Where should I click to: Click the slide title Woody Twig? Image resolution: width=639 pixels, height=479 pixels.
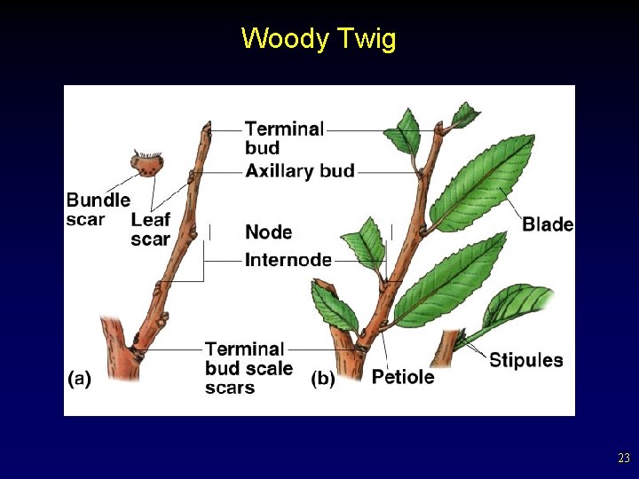point(319,39)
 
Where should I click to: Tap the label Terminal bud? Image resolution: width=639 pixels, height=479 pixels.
point(284,137)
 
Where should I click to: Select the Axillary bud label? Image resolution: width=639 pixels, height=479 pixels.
point(300,170)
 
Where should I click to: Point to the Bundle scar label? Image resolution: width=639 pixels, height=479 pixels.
point(98,209)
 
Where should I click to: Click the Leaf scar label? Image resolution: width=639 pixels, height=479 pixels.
point(150,229)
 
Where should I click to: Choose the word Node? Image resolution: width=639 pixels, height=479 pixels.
point(268,232)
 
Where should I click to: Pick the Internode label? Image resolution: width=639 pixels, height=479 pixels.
point(288,260)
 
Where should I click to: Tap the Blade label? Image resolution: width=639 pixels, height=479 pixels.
point(547,224)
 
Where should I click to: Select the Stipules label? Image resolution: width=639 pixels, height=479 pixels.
point(526,359)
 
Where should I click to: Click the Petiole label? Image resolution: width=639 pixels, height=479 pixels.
point(403,377)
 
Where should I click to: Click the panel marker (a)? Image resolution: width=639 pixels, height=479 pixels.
point(79,378)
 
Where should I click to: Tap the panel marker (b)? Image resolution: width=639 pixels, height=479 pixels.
point(323,378)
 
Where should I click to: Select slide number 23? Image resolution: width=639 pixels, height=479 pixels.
point(623,459)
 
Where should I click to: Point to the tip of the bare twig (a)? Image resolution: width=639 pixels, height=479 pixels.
point(207,130)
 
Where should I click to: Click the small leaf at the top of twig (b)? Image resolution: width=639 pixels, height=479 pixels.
point(463,114)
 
